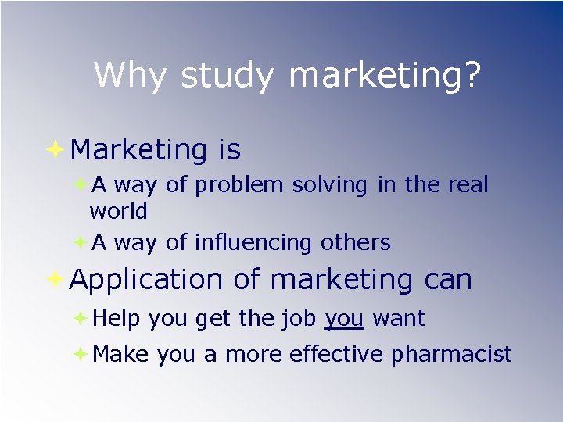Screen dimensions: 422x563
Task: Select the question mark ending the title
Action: [472, 75]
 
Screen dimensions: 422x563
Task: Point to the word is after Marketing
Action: [230, 148]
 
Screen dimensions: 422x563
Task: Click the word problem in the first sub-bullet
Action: [240, 185]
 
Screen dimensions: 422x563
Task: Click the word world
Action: [119, 212]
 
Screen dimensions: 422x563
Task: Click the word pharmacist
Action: [451, 355]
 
